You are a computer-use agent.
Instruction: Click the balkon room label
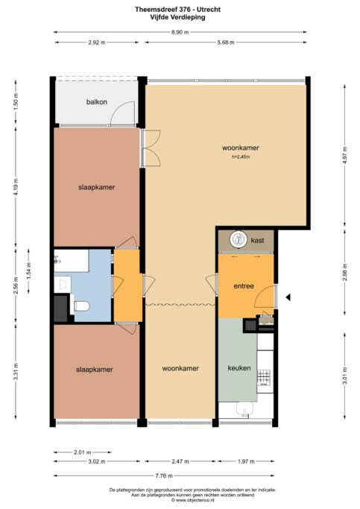coord(96,102)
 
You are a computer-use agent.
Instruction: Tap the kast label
coord(257,241)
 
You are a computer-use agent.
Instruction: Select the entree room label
coord(244,286)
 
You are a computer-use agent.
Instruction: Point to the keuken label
coord(239,368)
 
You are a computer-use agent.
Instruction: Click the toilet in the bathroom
coord(81,306)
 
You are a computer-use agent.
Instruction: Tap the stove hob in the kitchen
coord(264,378)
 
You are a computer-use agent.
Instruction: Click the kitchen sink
coord(245,409)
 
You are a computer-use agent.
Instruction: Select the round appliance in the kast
coord(239,239)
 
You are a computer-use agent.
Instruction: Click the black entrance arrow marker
coord(288,297)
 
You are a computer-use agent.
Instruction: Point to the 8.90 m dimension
coord(180,32)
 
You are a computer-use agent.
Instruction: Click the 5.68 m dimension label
coord(226,42)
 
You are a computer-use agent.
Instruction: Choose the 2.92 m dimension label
coord(97,42)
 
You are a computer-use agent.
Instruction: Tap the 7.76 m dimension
coord(164,476)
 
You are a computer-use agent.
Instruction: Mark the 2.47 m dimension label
coord(180,461)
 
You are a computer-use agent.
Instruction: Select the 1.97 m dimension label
coord(246,461)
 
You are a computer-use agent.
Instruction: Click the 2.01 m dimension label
coord(83,452)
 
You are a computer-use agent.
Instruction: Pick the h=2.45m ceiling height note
coord(241,157)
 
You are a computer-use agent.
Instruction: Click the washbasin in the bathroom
coord(63,285)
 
